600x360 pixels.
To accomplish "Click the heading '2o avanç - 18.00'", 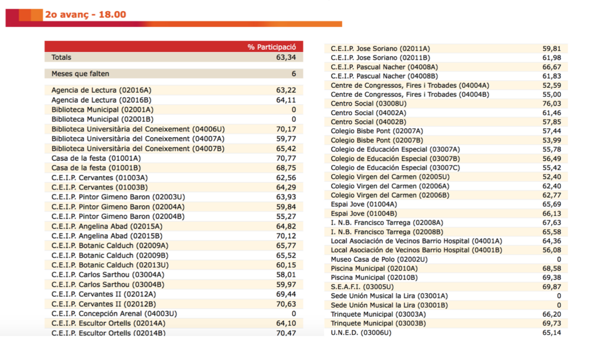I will tap(85, 15).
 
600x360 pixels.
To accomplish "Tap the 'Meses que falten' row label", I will tap(80, 74).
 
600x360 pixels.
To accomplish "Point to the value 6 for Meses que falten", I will tap(294, 74).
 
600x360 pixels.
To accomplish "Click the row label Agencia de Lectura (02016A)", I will tap(101, 90).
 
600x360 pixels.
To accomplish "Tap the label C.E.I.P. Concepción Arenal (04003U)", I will tap(114, 314).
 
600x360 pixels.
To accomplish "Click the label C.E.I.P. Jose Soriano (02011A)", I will tap(380, 48).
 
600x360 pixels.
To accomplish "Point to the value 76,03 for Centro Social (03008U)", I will tap(551, 103).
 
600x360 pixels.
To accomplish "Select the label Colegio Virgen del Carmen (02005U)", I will tap(390, 176).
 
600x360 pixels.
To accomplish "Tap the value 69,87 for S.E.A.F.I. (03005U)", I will tap(551, 287).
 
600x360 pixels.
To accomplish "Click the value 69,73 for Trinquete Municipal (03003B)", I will tap(551, 323).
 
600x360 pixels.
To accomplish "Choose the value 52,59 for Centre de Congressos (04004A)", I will tap(551, 85).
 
